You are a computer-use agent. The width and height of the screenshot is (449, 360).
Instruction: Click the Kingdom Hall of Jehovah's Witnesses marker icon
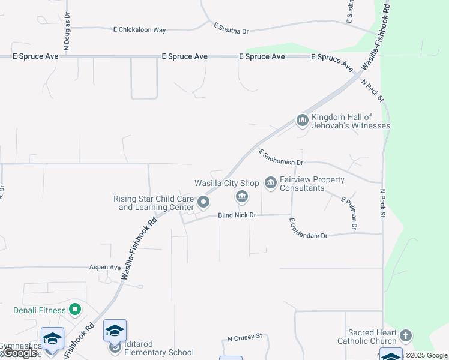point(302,121)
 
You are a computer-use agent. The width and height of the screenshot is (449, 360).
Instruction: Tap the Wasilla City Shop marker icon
point(242,197)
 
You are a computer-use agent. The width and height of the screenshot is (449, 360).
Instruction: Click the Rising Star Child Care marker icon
point(203,203)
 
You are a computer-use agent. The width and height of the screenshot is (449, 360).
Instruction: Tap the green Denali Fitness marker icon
point(75,310)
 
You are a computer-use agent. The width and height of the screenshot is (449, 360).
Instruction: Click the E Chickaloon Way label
point(139,29)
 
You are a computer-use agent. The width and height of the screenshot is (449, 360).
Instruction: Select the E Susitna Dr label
point(231,28)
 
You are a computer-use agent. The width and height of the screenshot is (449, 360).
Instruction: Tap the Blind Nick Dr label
point(237,215)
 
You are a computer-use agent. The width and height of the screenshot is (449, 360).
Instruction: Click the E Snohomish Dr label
point(281,157)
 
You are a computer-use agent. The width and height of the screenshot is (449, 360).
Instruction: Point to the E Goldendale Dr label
point(308,229)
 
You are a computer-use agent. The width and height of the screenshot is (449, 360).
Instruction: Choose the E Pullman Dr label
point(349,213)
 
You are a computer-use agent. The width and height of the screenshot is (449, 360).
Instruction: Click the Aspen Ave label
point(105,267)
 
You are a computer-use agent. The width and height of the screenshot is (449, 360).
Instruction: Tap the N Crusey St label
point(245,338)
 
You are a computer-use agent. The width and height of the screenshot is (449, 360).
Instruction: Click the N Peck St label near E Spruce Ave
point(372,91)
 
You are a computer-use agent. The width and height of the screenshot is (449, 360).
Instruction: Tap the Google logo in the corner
point(20,353)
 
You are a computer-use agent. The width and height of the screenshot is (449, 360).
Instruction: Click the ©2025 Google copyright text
point(426,355)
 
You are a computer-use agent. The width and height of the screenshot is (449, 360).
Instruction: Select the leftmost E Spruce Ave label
point(36,56)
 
